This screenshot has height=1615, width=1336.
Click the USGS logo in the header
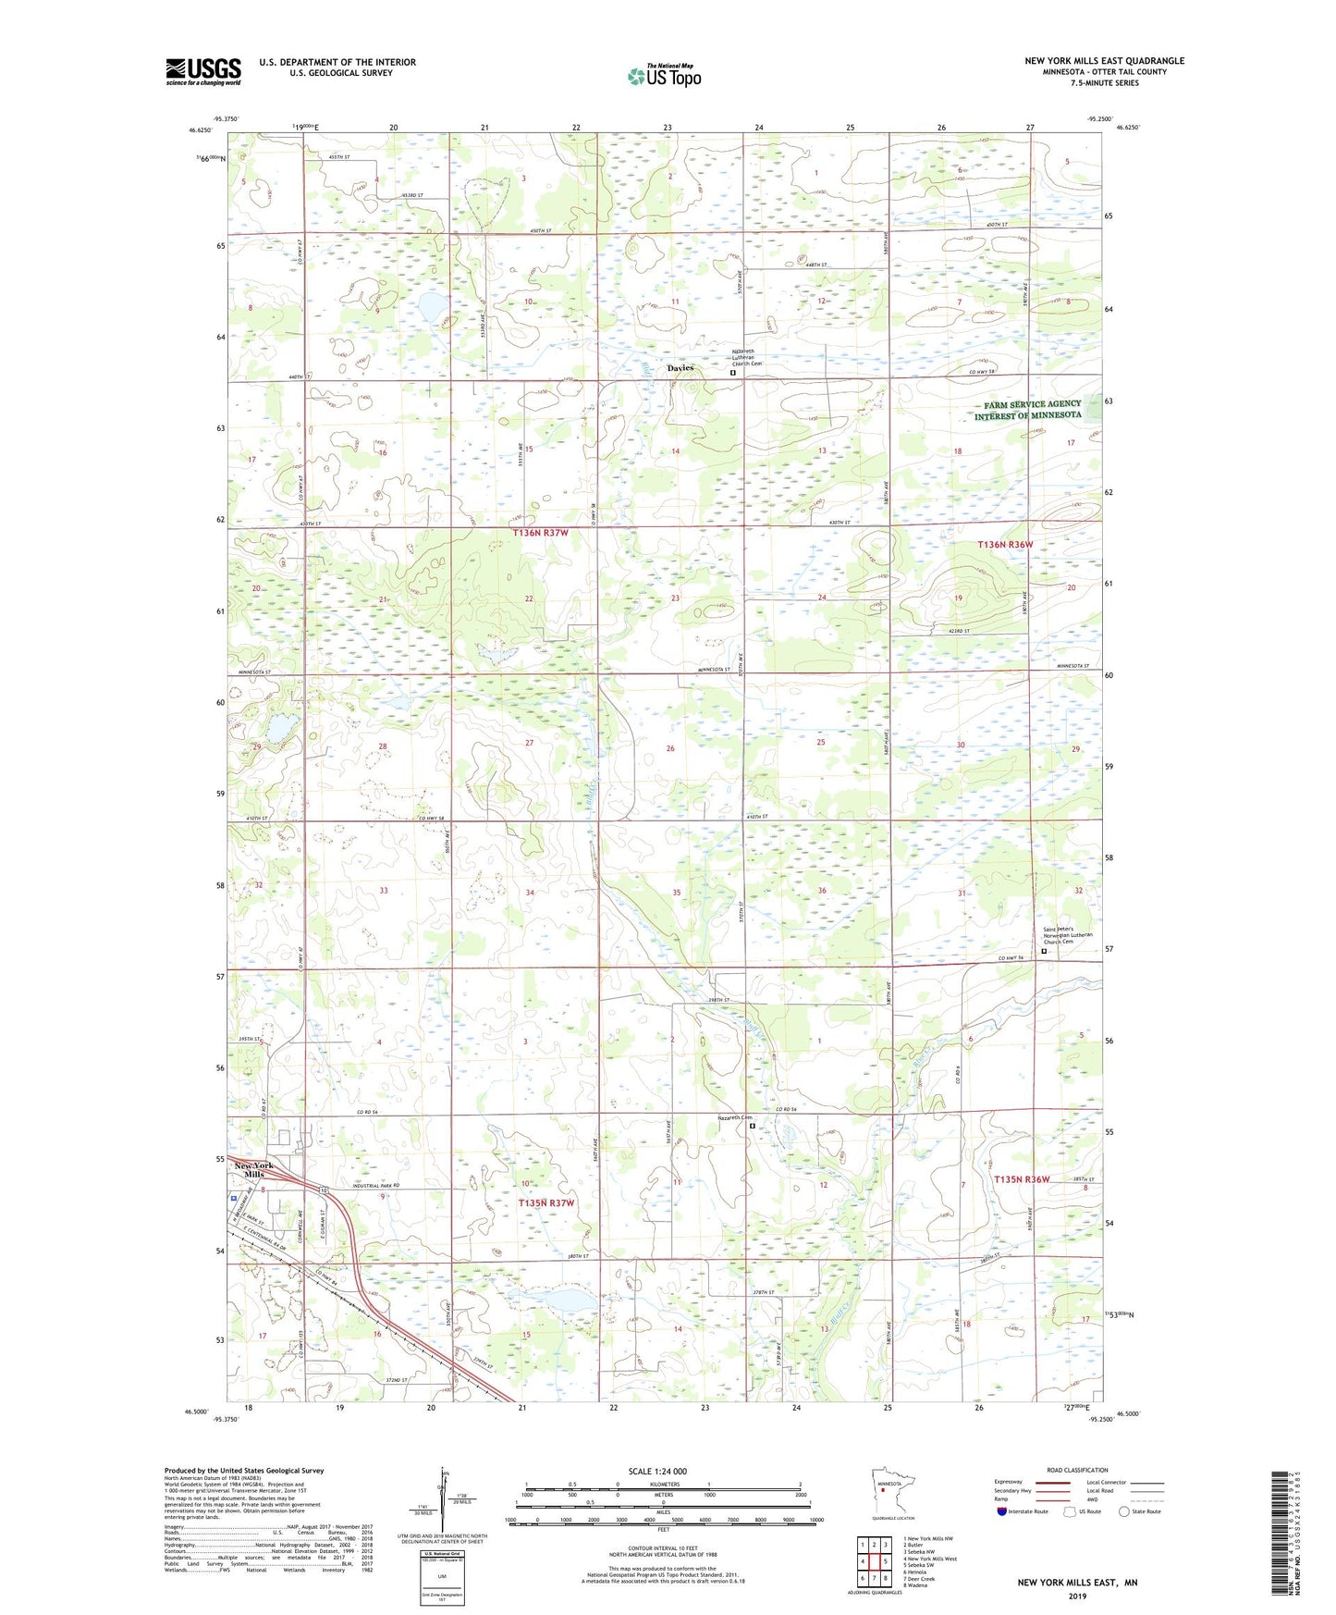[203, 71]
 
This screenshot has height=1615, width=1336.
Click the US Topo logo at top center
[665, 75]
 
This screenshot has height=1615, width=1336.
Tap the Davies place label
[680, 368]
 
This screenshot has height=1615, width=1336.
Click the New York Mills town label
[253, 1169]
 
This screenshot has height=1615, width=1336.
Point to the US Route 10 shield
[325, 1189]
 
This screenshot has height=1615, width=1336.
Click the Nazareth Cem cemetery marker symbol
[752, 1127]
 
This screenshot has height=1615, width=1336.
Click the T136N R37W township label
[545, 533]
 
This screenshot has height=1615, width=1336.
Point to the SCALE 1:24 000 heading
[657, 1472]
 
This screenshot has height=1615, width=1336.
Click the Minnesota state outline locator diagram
[886, 1488]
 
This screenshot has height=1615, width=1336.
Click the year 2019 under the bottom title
[1077, 1597]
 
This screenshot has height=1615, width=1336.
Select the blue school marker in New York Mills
[234, 1196]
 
